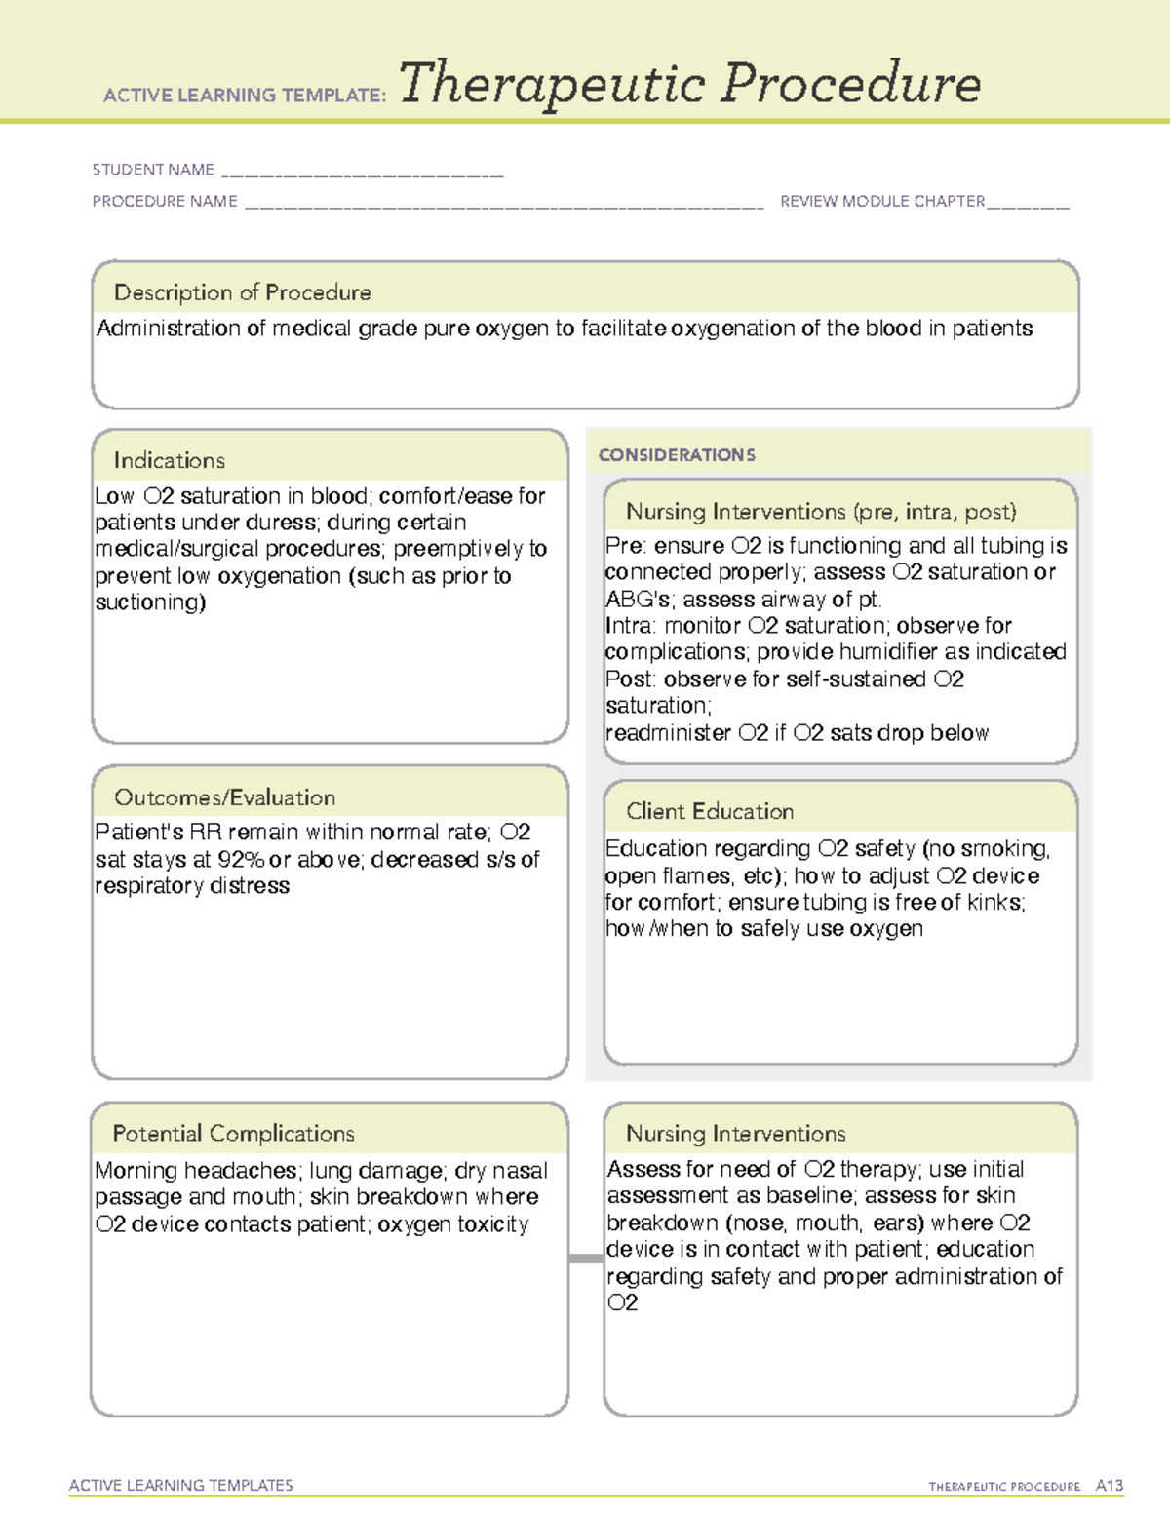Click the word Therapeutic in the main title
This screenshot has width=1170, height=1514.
pyautogui.click(x=552, y=84)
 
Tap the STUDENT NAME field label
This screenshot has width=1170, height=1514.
pyautogui.click(x=153, y=170)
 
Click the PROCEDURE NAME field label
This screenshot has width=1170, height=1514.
pyautogui.click(x=165, y=201)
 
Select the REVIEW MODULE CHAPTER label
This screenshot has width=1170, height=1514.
pyautogui.click(x=882, y=201)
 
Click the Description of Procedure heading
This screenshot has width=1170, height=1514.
pyautogui.click(x=242, y=292)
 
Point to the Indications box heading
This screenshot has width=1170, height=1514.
pyautogui.click(x=169, y=460)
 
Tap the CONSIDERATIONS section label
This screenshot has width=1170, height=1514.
pyautogui.click(x=677, y=455)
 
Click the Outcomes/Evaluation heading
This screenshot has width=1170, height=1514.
pyautogui.click(x=224, y=797)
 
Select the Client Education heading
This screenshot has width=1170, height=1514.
pyautogui.click(x=709, y=811)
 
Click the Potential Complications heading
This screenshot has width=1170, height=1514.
pyautogui.click(x=233, y=1133)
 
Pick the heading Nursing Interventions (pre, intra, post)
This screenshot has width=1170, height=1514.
pyautogui.click(x=821, y=512)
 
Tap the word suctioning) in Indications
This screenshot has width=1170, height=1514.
pyautogui.click(x=150, y=602)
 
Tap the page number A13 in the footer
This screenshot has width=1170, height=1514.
pyautogui.click(x=1109, y=1486)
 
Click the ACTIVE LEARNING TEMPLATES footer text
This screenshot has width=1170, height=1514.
pyautogui.click(x=180, y=1485)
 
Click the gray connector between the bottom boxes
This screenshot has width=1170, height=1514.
pyautogui.click(x=585, y=1259)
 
